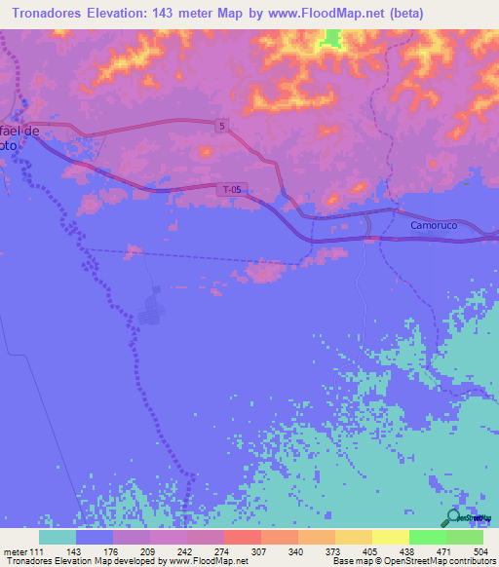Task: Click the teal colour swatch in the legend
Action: point(58,536)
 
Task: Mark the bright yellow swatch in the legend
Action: point(390,536)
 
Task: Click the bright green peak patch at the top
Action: point(332,38)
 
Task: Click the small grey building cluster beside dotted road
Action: point(151,311)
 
